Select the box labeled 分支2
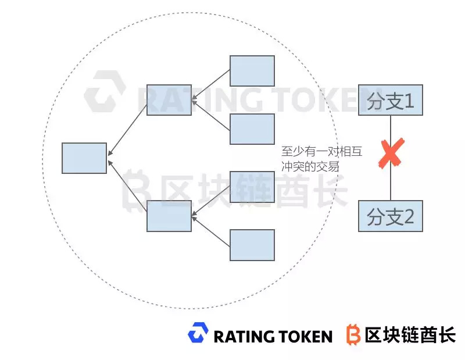pos(390,216)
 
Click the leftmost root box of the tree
pos(84,158)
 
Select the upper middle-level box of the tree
pos(169,99)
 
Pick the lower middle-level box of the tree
pos(169,215)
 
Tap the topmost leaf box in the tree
pos(252,71)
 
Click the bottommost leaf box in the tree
pos(252,244)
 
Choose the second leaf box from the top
pos(252,129)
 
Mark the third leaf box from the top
pos(252,187)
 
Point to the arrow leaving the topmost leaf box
pos(211,85)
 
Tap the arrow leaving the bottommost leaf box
pos(211,231)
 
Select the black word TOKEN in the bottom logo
pos(304,336)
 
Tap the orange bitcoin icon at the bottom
pos(353,334)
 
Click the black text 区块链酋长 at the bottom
pos(410,334)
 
